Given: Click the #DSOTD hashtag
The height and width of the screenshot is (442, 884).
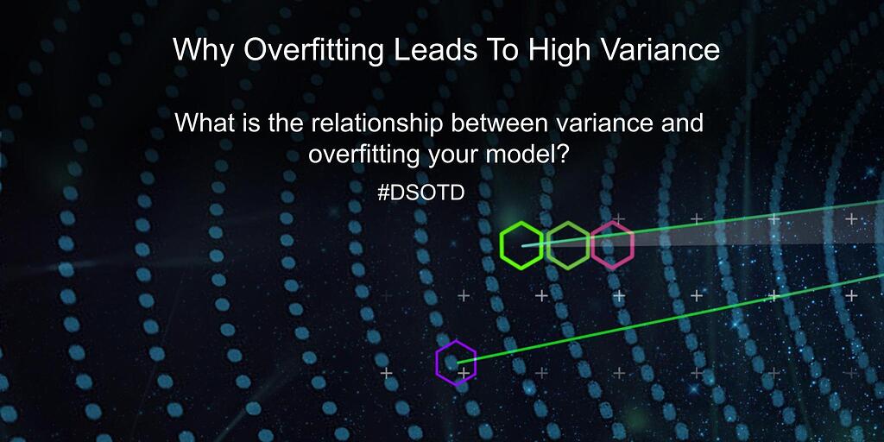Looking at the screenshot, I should click(421, 193).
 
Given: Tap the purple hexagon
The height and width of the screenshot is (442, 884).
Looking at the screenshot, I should click(456, 363).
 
